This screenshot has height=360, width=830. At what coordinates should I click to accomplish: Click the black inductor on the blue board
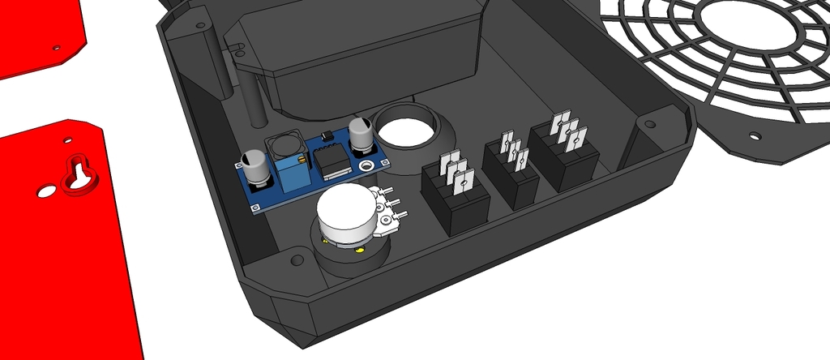(285, 146)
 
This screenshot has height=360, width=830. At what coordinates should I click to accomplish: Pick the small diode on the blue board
(326, 134)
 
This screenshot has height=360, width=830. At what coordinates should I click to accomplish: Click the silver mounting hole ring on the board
(369, 166)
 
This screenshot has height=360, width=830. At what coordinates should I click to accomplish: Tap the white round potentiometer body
(347, 213)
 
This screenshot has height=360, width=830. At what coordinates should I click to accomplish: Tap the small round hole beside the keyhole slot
(43, 193)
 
